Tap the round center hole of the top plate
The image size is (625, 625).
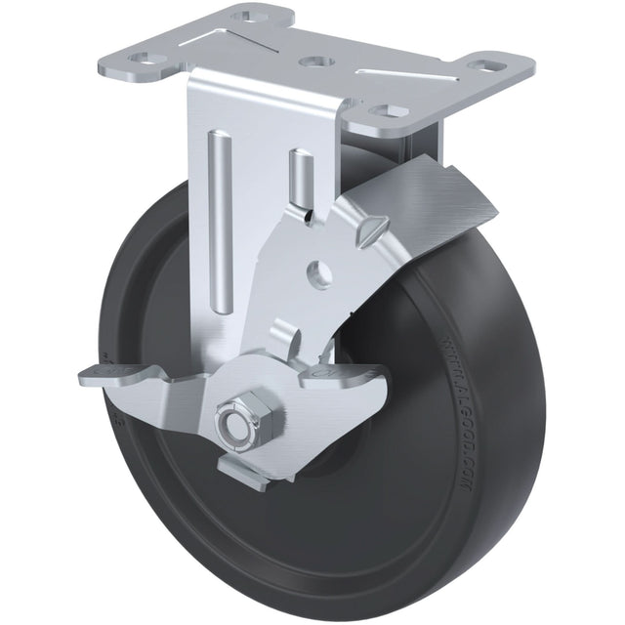[x=312, y=62]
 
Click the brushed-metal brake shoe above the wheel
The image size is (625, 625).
[x=439, y=205]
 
